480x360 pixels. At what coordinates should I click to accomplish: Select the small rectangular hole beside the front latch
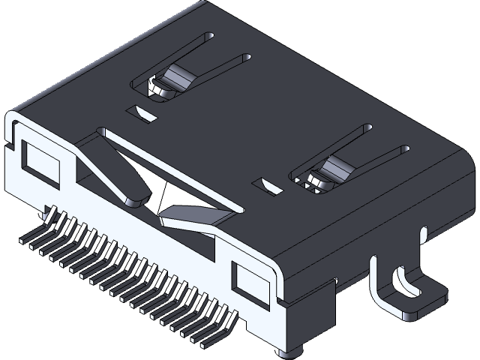(x=270, y=185)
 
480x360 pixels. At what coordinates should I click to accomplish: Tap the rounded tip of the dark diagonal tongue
(x=135, y=201)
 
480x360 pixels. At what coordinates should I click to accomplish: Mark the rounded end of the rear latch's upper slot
(x=211, y=36)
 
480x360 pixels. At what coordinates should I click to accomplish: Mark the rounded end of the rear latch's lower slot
(x=245, y=56)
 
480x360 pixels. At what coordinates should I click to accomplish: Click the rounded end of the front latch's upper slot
(x=367, y=128)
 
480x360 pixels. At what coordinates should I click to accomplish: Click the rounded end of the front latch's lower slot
(x=405, y=149)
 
